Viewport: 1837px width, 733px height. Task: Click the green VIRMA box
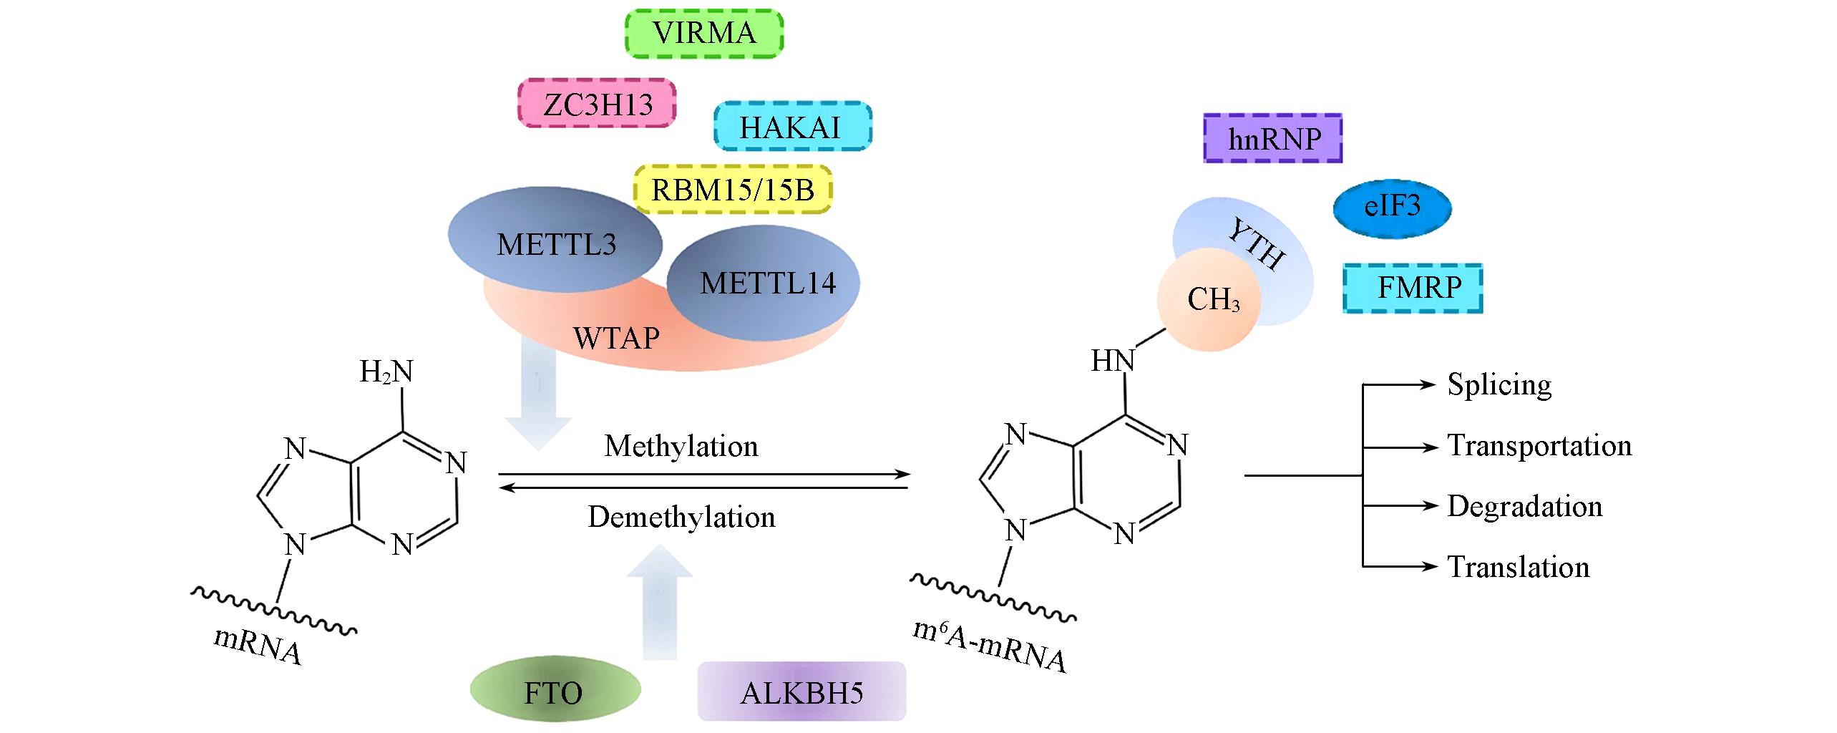[704, 33]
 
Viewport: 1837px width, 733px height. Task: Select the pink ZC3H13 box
[597, 104]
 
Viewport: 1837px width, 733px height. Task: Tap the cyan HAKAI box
[792, 127]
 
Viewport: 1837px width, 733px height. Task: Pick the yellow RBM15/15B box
[734, 190]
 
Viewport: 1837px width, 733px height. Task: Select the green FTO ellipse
[554, 692]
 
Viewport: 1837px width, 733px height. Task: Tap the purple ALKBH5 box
[801, 691]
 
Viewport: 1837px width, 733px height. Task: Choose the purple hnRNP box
[1272, 138]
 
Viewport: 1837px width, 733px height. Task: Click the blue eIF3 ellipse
[1392, 207]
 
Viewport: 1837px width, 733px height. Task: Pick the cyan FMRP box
[1413, 288]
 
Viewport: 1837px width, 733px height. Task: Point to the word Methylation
[681, 446]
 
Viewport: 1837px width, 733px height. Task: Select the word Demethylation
[681, 517]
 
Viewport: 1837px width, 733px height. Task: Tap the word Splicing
[1499, 384]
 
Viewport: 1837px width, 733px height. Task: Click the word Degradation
[1524, 506]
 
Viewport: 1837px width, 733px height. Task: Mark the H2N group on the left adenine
[386, 372]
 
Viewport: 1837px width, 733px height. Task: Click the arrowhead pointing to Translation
[1432, 567]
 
